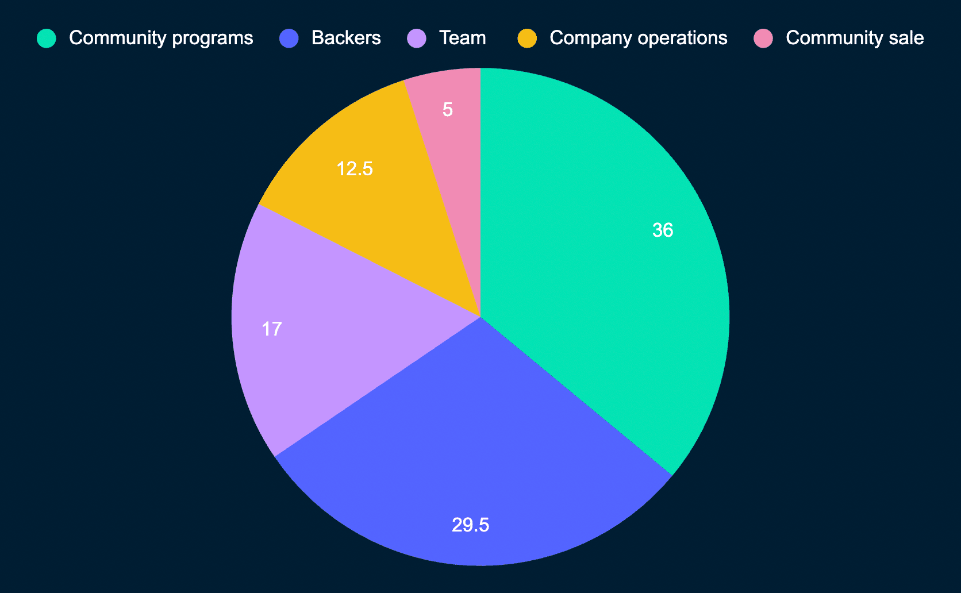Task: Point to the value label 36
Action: click(663, 230)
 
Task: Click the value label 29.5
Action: click(470, 525)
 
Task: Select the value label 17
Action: click(272, 329)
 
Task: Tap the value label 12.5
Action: click(355, 169)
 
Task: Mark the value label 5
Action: click(448, 110)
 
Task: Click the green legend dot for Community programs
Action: click(47, 38)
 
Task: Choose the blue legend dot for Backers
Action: click(289, 38)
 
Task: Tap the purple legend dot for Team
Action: click(417, 38)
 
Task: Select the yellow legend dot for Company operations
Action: click(527, 38)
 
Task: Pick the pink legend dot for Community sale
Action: click(763, 38)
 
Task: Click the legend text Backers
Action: click(346, 38)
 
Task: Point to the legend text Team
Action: click(462, 38)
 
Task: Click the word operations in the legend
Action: click(678, 38)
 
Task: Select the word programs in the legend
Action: click(216, 38)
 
